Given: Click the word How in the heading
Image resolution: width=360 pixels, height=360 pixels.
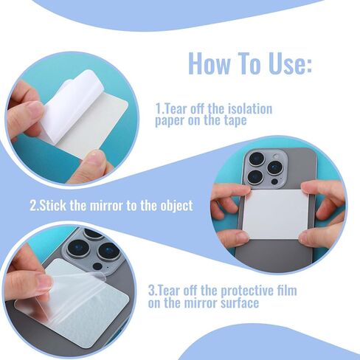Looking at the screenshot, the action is coord(210,64).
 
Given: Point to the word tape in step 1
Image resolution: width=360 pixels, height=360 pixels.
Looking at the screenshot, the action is coord(235,121).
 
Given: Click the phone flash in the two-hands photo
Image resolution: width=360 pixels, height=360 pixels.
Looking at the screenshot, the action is coord(276,156).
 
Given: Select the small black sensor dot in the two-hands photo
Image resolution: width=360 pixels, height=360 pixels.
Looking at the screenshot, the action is coord(274,181).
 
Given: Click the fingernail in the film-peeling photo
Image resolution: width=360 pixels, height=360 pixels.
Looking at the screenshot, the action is coord(44,283).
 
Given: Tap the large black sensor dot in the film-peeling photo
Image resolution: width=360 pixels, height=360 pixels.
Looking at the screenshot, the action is coord(97,266).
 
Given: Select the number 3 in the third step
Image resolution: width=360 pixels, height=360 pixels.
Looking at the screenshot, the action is coord(151,291).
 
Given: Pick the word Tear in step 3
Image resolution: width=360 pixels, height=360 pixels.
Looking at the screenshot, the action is coord(167,291).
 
